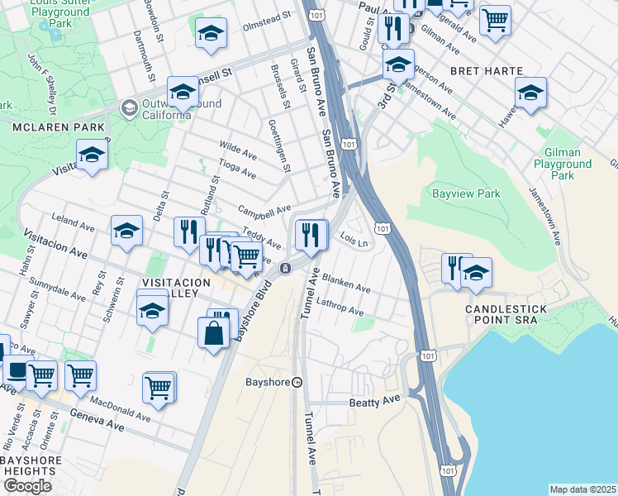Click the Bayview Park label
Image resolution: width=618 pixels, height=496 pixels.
[x=467, y=193]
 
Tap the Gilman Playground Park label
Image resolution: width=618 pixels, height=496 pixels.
[x=563, y=164]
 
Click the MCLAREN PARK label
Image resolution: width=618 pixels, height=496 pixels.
[x=58, y=127]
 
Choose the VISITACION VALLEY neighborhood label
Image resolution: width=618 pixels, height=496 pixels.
[x=170, y=288]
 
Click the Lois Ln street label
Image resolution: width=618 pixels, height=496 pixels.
[x=353, y=237]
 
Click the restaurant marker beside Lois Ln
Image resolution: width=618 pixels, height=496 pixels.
[x=311, y=236]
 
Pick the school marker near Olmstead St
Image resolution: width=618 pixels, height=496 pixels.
[x=211, y=33]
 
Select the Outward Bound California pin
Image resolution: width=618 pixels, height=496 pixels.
[x=129, y=107]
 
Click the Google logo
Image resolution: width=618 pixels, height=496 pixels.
[x=27, y=486]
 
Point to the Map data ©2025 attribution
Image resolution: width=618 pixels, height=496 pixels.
[x=582, y=489]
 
